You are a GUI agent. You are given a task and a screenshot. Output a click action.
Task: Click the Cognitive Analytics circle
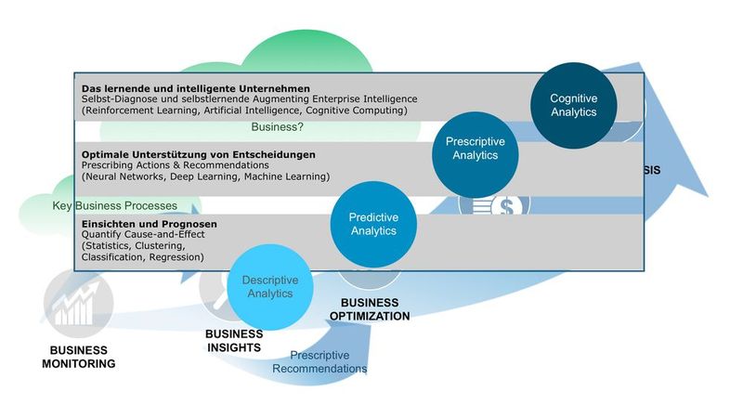(x=573, y=105)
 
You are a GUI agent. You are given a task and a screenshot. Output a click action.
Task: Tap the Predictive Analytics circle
(x=373, y=224)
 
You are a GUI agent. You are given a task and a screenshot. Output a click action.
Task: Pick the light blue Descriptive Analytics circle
(x=269, y=286)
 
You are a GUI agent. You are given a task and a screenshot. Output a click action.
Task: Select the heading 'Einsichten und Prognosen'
(x=150, y=224)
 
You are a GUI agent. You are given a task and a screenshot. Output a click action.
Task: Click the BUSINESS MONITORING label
(x=79, y=358)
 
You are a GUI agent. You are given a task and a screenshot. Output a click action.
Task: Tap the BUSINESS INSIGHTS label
(x=234, y=341)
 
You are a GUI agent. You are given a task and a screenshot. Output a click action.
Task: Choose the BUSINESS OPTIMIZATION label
(x=369, y=309)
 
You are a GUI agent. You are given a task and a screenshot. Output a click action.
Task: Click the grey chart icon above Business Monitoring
(x=79, y=303)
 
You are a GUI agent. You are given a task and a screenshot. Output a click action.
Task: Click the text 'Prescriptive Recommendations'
(x=319, y=361)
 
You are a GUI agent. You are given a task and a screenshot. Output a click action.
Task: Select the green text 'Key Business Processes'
(x=115, y=205)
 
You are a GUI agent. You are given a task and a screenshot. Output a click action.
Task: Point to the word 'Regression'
(x=176, y=256)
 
